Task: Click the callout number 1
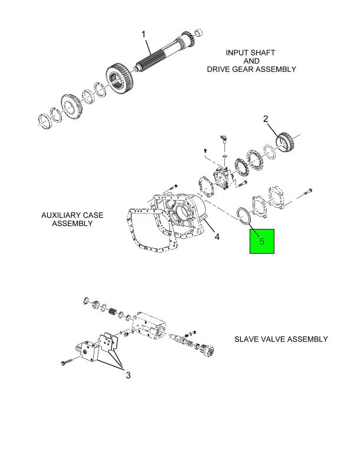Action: tap(143, 34)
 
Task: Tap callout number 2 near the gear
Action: tap(266, 119)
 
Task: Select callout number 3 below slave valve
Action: tap(128, 375)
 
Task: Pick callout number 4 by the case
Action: tap(217, 237)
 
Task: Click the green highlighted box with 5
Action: tap(262, 241)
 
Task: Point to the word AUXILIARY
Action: tap(60, 215)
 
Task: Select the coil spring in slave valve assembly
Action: tap(112, 312)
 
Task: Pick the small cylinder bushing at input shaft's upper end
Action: tap(199, 32)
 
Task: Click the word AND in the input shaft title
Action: tap(251, 61)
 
